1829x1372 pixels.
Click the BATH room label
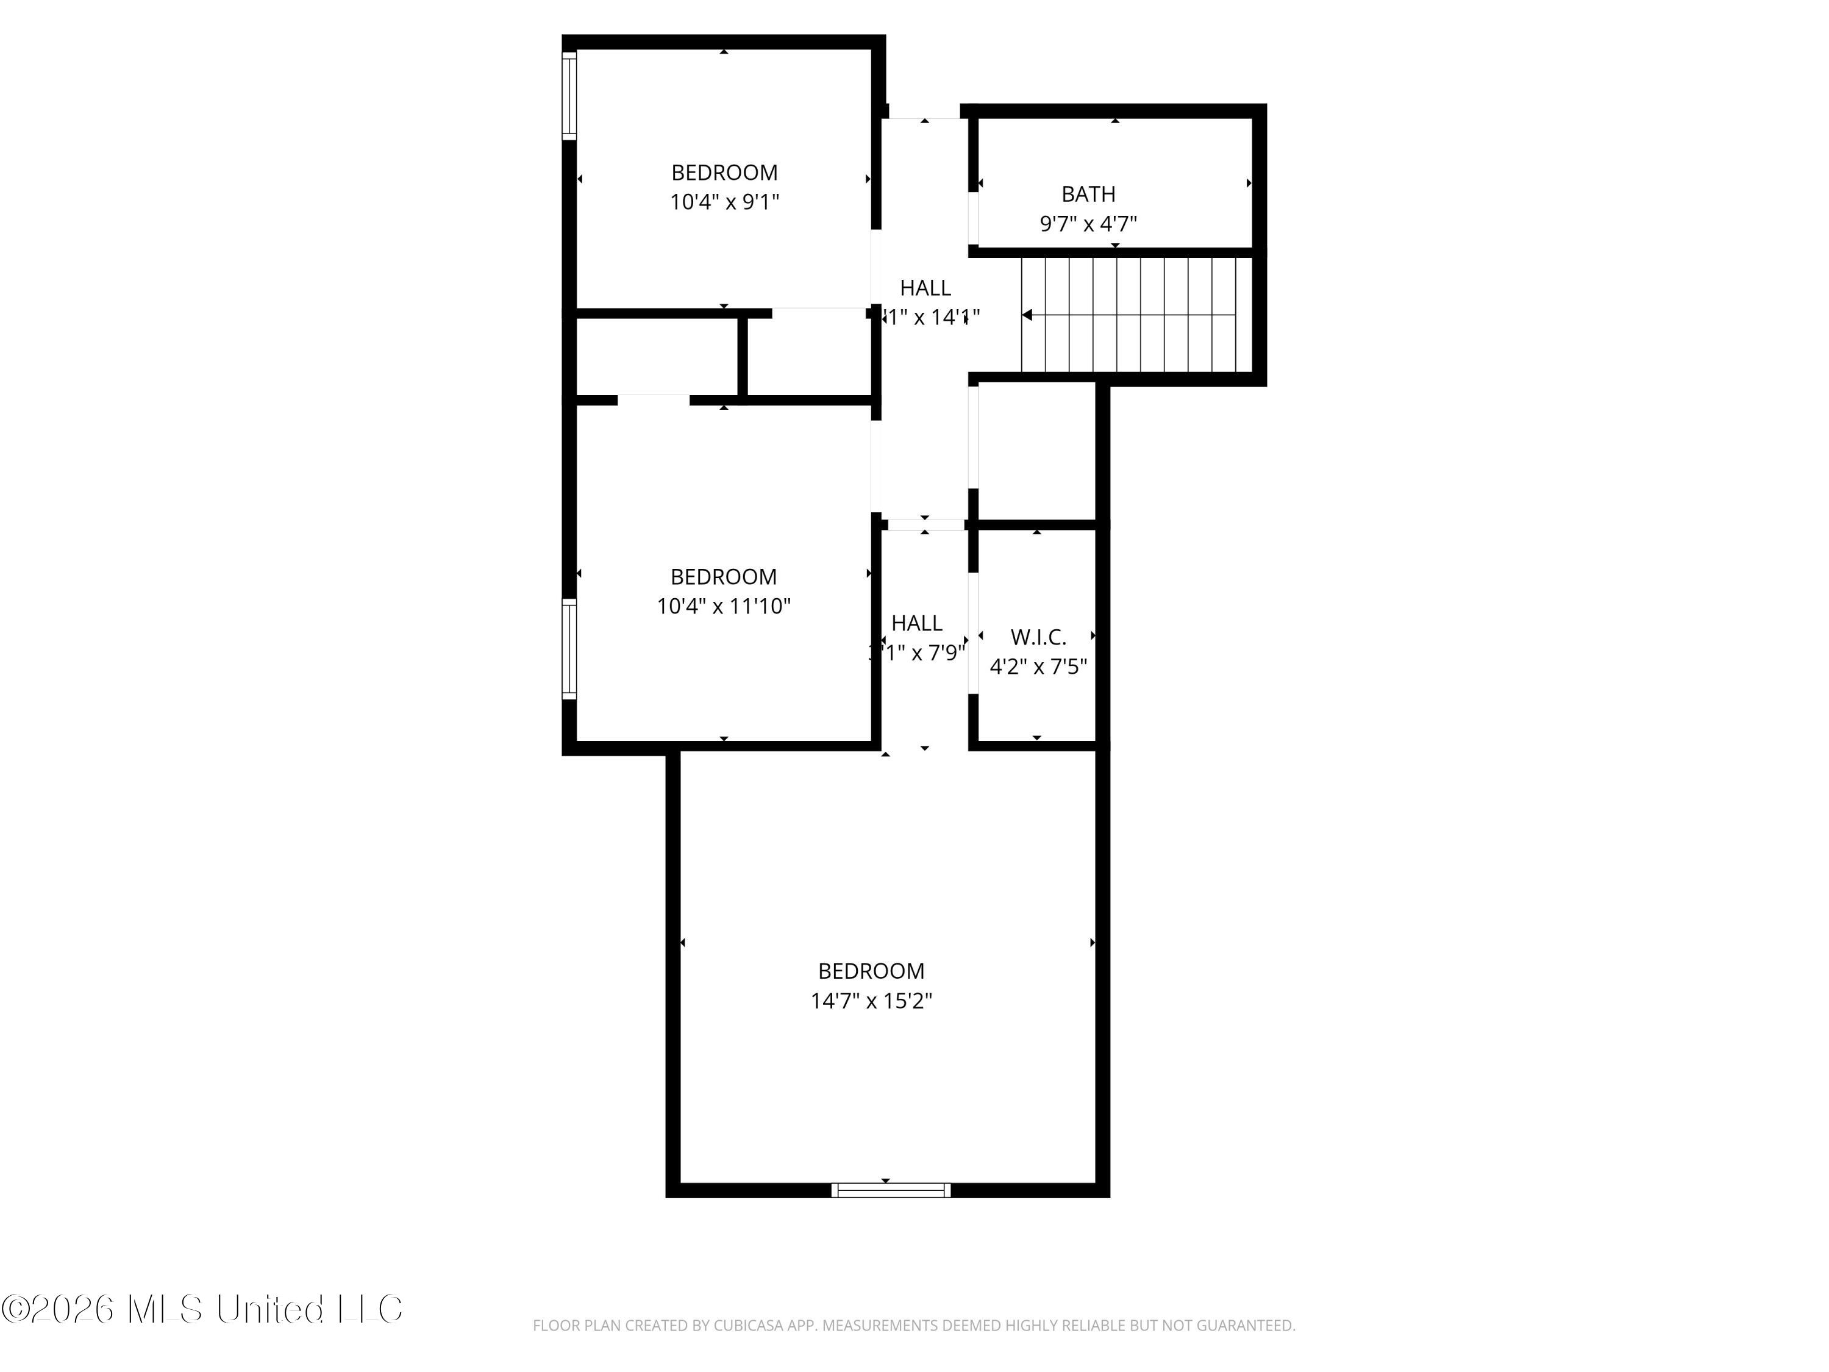[1088, 195]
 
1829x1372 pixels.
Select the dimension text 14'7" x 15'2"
[871, 1001]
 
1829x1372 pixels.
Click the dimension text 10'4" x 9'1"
[724, 202]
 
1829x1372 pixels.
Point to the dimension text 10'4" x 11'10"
[724, 606]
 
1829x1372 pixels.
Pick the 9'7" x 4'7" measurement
[1088, 223]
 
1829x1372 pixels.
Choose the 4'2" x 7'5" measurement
[1038, 666]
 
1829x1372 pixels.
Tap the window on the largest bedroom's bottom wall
[891, 1190]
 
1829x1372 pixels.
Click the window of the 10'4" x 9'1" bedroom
[569, 95]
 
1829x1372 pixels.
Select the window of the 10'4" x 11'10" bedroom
[569, 648]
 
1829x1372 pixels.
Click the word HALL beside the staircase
[925, 288]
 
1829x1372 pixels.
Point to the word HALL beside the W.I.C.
[916, 623]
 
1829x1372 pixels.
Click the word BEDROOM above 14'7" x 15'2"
[871, 971]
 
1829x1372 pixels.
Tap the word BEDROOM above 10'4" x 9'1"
[724, 173]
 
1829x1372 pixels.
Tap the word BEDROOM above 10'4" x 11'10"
[724, 576]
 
